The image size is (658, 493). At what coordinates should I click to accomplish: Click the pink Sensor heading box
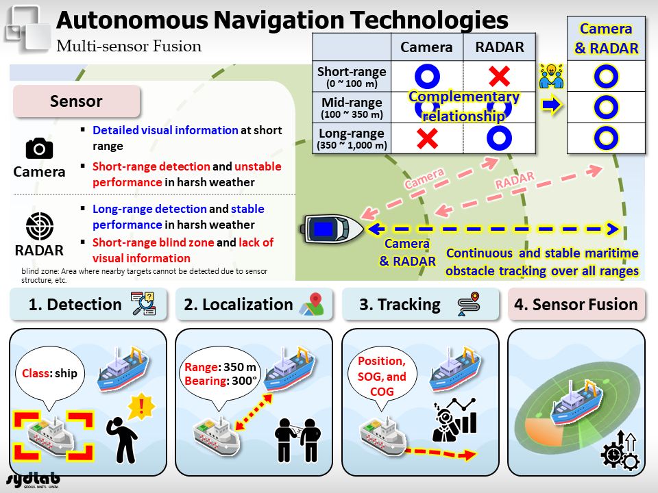point(76,101)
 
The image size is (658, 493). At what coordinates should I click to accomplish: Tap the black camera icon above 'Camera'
point(40,149)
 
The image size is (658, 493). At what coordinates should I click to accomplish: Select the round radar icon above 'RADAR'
point(40,227)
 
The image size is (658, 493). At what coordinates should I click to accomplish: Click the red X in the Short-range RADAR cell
point(500,76)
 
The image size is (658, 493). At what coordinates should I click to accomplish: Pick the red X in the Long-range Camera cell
point(427,138)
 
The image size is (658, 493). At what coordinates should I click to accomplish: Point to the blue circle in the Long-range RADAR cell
point(500,138)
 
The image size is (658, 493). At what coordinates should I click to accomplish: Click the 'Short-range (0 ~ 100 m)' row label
point(352,77)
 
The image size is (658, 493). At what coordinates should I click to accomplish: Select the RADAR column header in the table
point(500,47)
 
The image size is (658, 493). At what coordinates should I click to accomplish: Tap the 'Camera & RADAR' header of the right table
point(606,38)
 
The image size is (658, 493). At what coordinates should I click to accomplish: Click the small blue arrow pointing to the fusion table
point(551,105)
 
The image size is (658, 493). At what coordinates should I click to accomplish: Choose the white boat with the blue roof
point(332,229)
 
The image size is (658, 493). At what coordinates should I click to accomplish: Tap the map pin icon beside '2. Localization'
point(313,304)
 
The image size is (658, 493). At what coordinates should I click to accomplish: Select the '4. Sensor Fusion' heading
point(576,304)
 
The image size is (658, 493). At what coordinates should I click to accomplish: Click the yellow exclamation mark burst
point(141,406)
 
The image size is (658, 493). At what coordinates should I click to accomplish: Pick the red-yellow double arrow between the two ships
point(254,412)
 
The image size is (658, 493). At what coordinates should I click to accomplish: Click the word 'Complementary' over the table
point(464,97)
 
